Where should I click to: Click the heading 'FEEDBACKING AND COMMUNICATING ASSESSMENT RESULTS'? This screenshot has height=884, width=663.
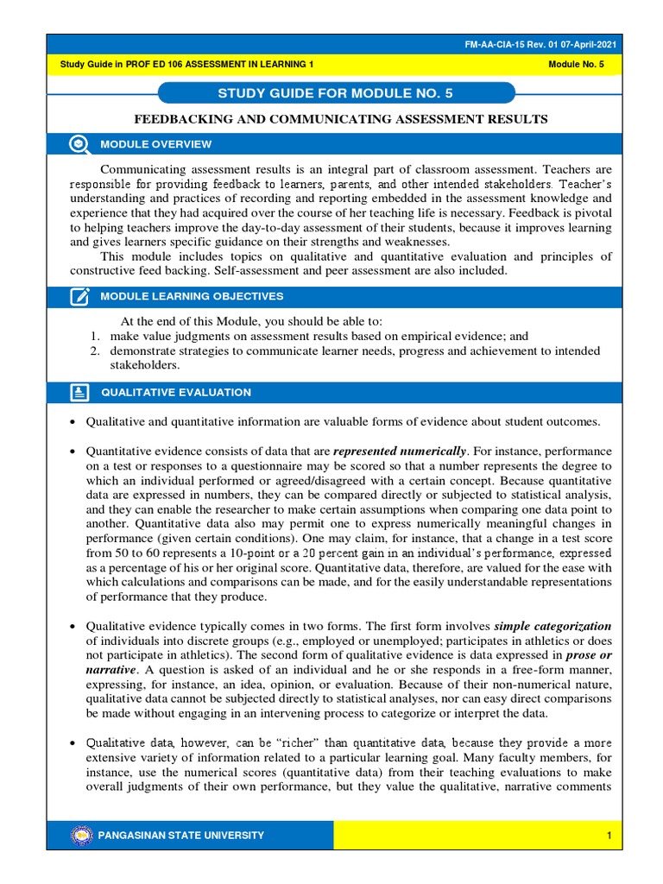pos(338,119)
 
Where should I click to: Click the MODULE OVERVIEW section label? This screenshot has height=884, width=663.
pos(155,144)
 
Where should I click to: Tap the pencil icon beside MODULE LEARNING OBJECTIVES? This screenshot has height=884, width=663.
pos(79,297)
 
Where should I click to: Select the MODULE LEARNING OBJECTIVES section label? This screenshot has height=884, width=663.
pos(192,297)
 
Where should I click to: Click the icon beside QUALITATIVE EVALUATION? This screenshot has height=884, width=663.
pos(79,393)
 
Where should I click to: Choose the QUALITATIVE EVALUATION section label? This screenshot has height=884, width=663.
pos(176,393)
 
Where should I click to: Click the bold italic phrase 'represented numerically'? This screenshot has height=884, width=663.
pos(400,451)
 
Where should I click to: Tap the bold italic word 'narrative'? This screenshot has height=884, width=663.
pos(111,668)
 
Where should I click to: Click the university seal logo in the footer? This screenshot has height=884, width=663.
pos(81,835)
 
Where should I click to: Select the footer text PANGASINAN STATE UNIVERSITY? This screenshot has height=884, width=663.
pos(182,835)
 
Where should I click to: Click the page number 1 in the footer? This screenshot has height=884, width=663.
pos(609,835)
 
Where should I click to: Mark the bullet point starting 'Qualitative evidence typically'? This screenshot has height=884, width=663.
pos(73,626)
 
